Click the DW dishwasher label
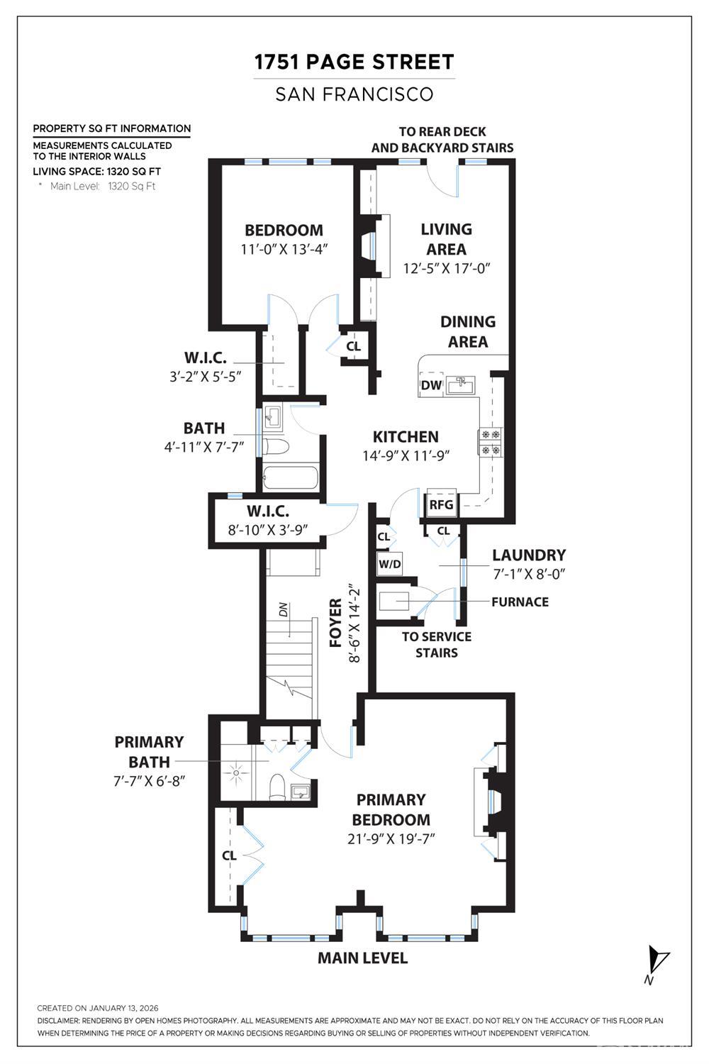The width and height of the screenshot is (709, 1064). (x=431, y=385)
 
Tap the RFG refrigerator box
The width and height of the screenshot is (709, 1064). (x=441, y=504)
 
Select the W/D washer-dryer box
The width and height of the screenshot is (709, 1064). (x=389, y=564)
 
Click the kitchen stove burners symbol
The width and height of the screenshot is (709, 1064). (x=491, y=441)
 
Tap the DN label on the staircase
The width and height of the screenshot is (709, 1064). (x=283, y=609)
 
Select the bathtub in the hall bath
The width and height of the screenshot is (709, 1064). (x=290, y=477)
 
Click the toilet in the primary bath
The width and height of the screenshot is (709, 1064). (x=277, y=787)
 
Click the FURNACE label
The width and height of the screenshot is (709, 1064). (x=520, y=602)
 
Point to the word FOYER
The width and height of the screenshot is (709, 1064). (x=336, y=623)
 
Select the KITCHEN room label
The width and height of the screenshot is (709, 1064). (x=406, y=437)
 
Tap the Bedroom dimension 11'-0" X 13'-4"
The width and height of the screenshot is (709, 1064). (x=284, y=250)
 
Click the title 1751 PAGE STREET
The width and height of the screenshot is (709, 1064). (x=354, y=62)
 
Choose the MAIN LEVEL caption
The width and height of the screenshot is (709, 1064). (x=362, y=958)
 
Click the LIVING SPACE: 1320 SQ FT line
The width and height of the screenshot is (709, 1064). (x=97, y=172)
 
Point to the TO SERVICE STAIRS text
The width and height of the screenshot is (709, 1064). (x=436, y=644)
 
